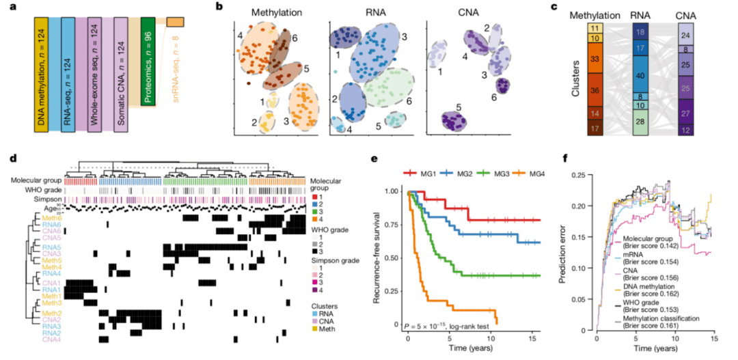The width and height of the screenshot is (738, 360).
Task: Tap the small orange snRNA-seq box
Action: pyautogui.click(x=175, y=23)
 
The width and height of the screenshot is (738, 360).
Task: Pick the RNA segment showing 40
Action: pyautogui.click(x=642, y=75)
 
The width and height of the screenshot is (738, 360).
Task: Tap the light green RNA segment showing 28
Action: pyautogui.click(x=642, y=122)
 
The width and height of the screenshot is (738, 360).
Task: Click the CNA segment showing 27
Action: pyautogui.click(x=689, y=113)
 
